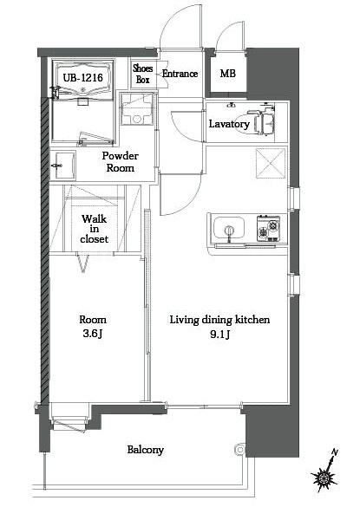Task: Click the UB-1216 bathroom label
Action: (83, 78)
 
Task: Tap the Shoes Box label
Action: (143, 74)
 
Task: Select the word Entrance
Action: (180, 74)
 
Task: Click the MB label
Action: (228, 74)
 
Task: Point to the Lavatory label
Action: (229, 124)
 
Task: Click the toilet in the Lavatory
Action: (261, 121)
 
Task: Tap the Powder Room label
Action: (121, 162)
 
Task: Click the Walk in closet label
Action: (95, 229)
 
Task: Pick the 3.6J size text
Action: (93, 334)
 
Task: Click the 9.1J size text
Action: (220, 334)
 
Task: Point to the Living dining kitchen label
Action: (219, 320)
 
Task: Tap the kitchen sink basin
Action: (229, 228)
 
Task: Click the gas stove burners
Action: (268, 228)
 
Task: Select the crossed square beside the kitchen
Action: (271, 163)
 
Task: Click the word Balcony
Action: (146, 450)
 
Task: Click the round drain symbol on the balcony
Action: (239, 450)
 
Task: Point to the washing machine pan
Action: (137, 109)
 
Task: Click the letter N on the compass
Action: (335, 452)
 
